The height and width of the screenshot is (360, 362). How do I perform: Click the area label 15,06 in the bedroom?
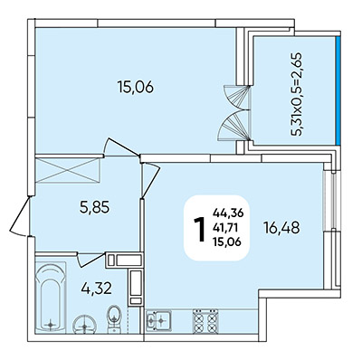pos(136,88)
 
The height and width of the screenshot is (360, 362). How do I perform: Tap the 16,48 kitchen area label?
pos(281,228)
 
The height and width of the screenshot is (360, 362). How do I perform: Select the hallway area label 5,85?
pos(94,207)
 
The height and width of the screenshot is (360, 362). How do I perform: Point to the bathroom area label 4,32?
pos(97,289)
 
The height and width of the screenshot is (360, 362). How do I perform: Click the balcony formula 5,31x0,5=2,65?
pos(296,94)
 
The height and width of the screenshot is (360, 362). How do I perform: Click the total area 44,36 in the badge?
pos(228,213)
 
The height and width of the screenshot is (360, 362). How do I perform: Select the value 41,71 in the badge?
pos(225,228)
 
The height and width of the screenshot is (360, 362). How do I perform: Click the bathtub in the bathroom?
pos(51,298)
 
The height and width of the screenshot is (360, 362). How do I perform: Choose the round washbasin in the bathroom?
pos(84,325)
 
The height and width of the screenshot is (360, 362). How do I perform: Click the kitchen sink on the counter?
pos(158,320)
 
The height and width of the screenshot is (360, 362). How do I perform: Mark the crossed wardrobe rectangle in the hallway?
pos(67,170)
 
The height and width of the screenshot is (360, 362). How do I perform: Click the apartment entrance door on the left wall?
pos(21,215)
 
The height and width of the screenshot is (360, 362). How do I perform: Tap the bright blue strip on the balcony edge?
pos(338,90)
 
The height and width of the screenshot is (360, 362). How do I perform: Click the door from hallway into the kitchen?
pos(150,180)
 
